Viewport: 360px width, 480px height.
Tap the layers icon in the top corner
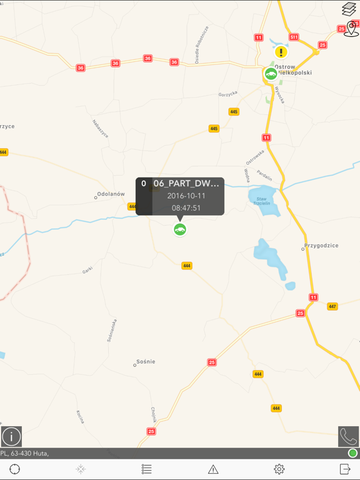(x=349, y=9)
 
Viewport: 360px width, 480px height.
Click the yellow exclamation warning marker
(x=281, y=52)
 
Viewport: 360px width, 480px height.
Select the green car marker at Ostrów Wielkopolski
(x=271, y=74)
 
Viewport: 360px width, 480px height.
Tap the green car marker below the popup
(x=180, y=230)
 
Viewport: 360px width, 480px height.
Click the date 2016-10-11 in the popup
(x=186, y=196)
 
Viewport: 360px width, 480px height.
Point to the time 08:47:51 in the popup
(x=186, y=208)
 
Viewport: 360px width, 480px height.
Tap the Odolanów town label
(x=111, y=194)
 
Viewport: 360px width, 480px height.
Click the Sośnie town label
(x=146, y=362)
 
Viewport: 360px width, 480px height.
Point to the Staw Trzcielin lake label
(x=262, y=201)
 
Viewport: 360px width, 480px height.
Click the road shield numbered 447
(x=332, y=307)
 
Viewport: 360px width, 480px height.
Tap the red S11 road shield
(x=294, y=37)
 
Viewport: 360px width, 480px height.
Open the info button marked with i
(x=11, y=436)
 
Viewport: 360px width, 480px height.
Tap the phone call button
(x=348, y=436)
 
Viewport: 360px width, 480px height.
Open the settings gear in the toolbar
(x=279, y=469)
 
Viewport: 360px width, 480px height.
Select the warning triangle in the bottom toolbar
(x=213, y=469)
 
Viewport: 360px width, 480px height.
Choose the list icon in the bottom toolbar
(x=147, y=469)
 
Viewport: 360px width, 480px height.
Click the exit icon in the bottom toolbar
(x=345, y=469)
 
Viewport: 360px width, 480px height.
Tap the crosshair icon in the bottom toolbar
(x=15, y=469)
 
